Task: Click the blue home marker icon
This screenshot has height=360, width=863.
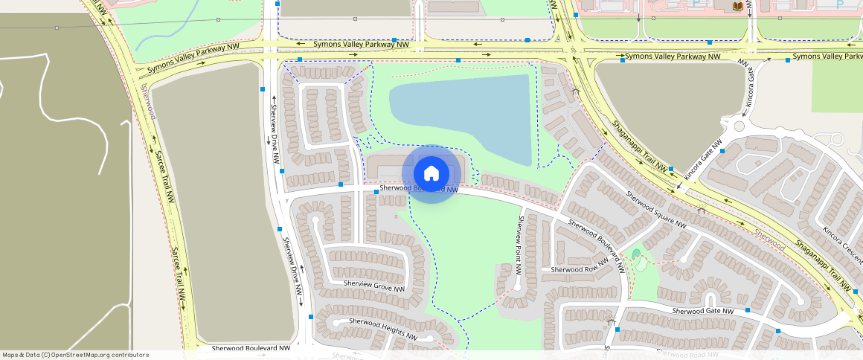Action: coord(431,174)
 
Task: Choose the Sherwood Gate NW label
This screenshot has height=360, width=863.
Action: coord(703,311)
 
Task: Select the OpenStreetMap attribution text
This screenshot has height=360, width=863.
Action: coord(75,355)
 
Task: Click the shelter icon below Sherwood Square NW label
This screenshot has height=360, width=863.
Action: coord(701,210)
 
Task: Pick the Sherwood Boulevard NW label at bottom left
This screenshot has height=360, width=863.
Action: coord(250,347)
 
